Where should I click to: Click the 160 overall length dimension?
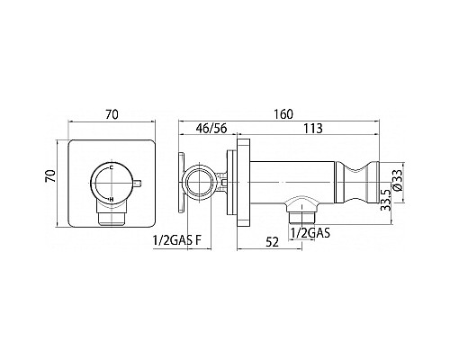[283, 114]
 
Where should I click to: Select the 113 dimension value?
[313, 129]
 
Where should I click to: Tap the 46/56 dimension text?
[211, 129]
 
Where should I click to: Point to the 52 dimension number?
[273, 242]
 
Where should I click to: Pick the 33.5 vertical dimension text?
[386, 200]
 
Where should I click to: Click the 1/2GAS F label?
[175, 240]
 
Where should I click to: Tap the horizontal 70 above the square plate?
[112, 114]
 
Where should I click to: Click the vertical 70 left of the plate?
[50, 176]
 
